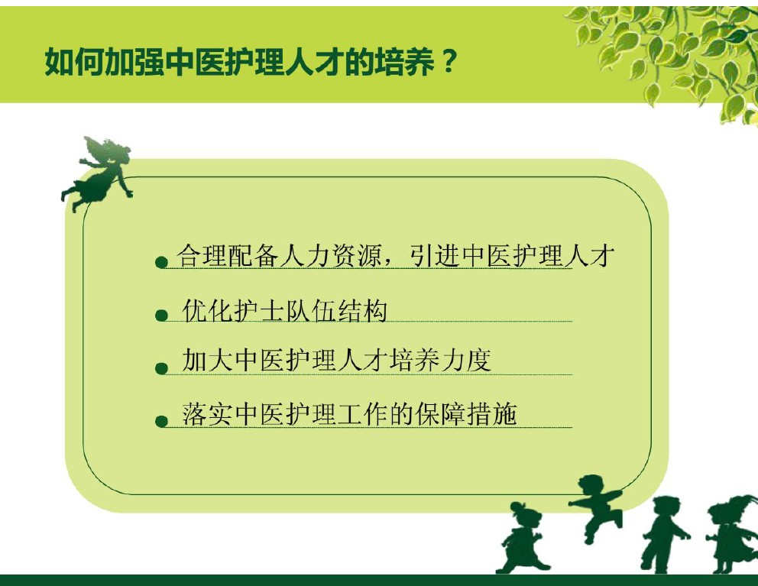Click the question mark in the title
[449, 62]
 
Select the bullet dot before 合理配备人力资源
[161, 262]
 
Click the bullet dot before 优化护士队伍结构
[161, 316]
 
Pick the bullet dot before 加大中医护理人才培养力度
[161, 368]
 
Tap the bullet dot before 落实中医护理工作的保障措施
[161, 421]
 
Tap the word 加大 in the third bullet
[207, 360]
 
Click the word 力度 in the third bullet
[467, 360]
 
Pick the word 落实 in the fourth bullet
[207, 414]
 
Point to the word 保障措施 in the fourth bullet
[467, 414]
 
